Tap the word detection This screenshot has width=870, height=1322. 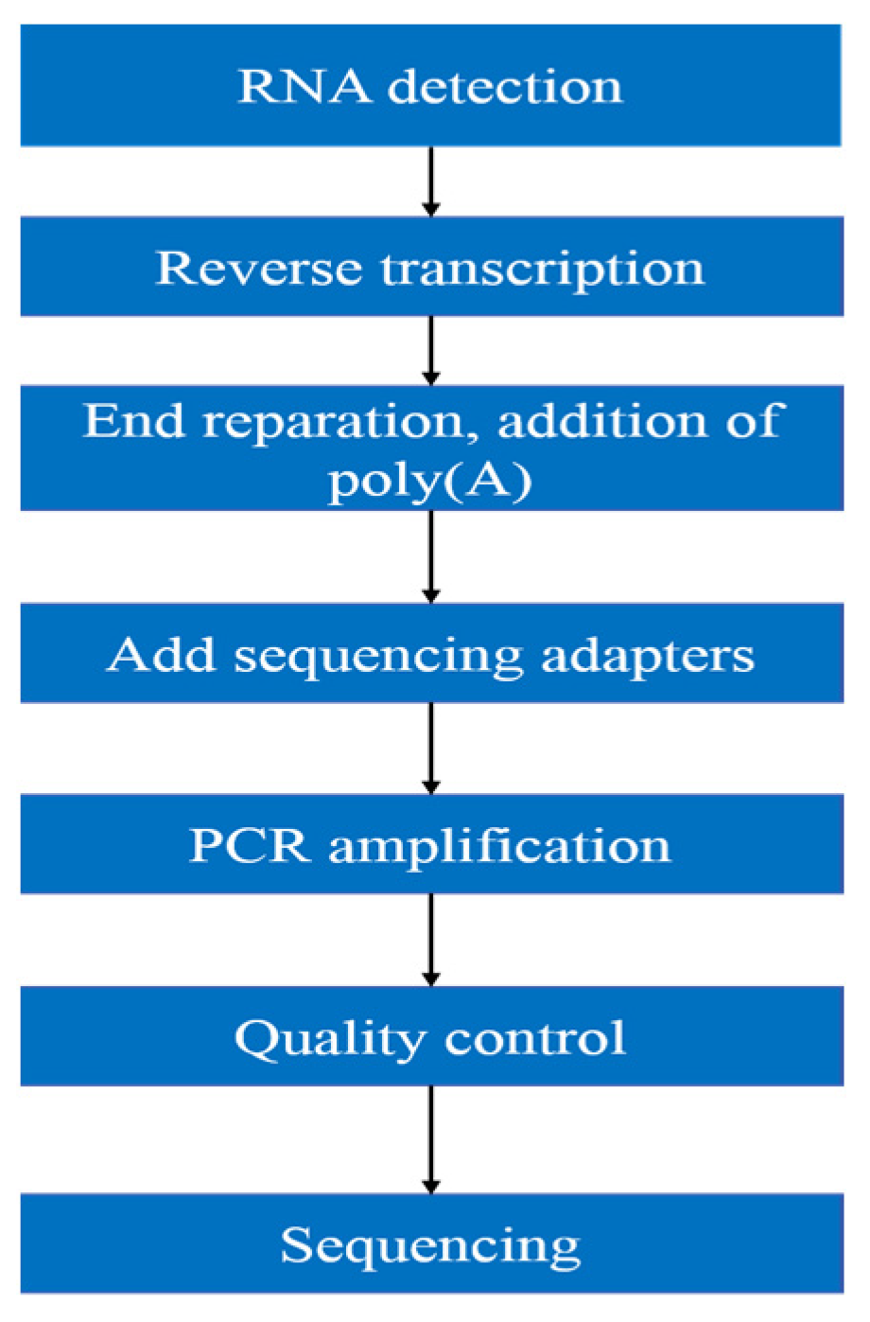pos(505,87)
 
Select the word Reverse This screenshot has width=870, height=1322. pos(258,268)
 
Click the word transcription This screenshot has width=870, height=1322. pos(543,270)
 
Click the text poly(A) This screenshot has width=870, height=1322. pos(430,482)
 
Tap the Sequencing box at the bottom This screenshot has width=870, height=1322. pos(431,1243)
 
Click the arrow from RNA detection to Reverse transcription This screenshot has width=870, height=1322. pos(431,181)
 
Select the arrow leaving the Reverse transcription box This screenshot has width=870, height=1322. pos(431,350)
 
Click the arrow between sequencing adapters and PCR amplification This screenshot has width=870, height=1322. pos(431,748)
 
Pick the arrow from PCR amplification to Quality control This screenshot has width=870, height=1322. pos(431,940)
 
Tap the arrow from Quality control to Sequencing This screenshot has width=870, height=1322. pos(431,1139)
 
